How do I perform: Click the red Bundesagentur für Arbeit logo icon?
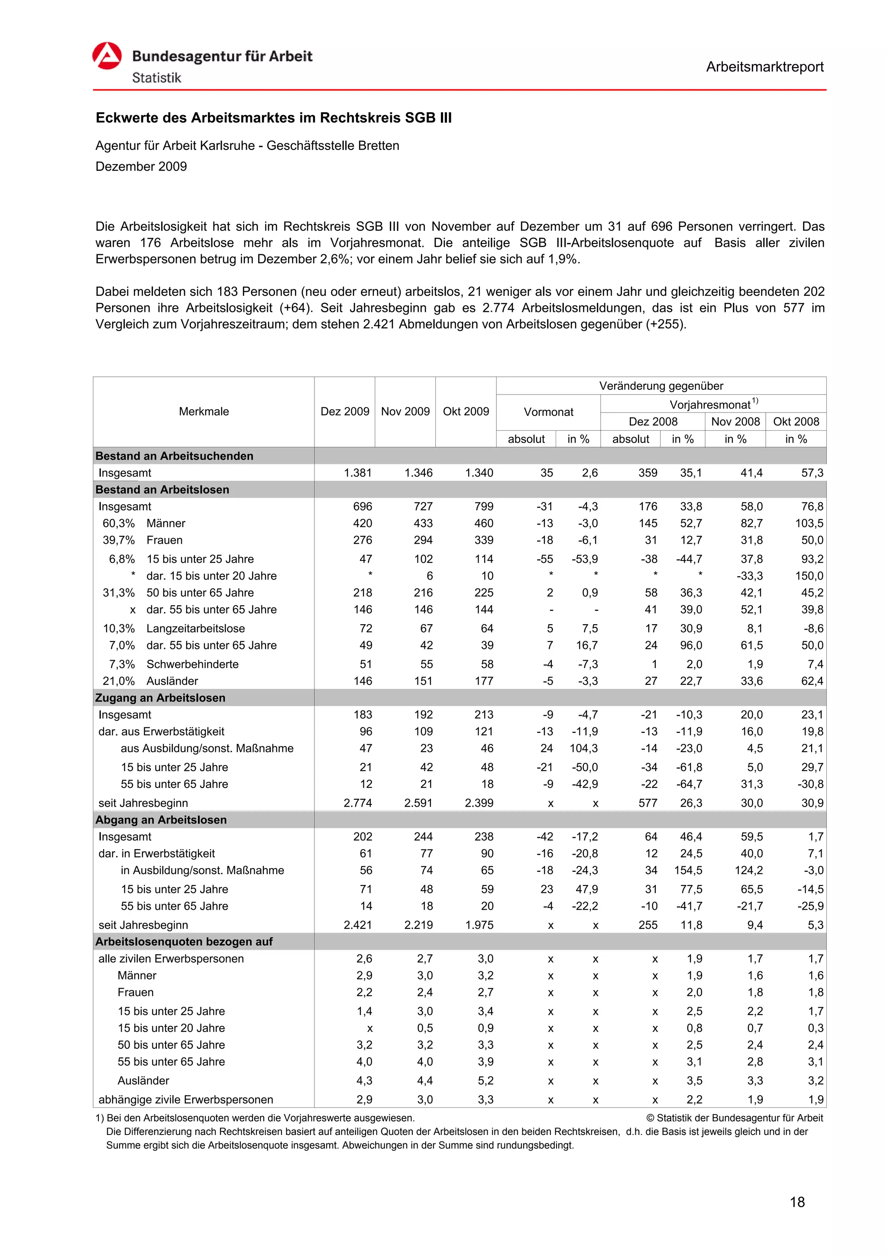pos(107,56)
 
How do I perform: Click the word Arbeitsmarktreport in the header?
pos(764,67)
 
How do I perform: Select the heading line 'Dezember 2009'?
pos(141,166)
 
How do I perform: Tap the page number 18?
pos(797,1202)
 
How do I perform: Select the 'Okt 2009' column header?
pos(466,412)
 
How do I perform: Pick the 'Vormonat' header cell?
pos(548,412)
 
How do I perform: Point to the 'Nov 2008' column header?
pos(735,422)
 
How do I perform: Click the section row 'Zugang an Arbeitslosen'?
pos(160,698)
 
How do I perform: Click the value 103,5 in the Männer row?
pos(809,523)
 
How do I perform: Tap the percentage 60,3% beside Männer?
pos(119,523)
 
